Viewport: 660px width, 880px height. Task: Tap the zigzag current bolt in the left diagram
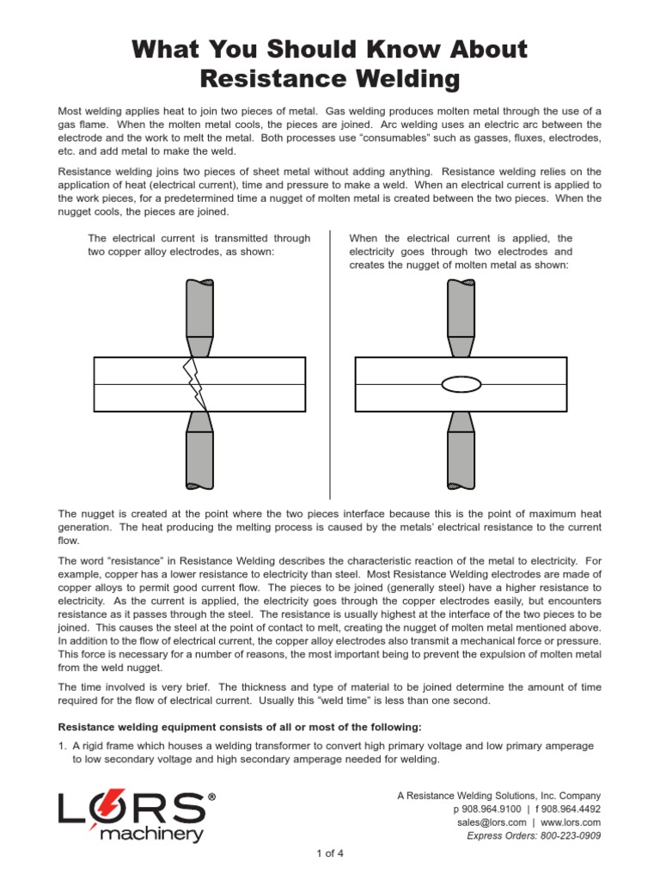(197, 384)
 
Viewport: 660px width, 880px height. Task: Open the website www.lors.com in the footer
(571, 822)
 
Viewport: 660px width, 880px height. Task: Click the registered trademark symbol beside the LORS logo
(212, 797)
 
